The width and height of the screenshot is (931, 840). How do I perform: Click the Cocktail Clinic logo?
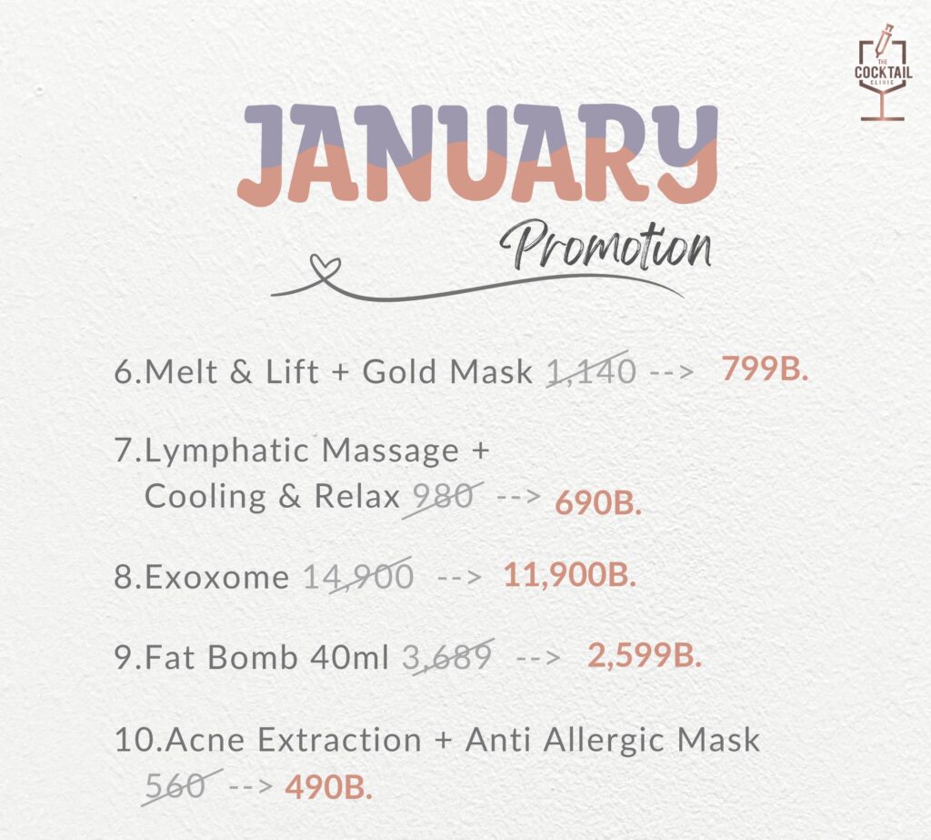[x=883, y=73]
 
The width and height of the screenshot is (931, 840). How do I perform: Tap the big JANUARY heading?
[x=478, y=154]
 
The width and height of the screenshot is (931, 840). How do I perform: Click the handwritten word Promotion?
[x=605, y=245]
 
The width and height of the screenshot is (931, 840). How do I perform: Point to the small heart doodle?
[x=326, y=268]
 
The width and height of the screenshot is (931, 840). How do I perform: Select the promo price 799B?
[x=765, y=369]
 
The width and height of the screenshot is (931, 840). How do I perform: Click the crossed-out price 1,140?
[x=591, y=371]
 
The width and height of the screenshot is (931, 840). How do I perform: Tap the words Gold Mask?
[x=447, y=372]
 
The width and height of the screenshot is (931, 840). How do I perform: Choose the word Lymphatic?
[x=226, y=451]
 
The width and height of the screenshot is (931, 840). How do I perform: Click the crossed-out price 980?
[x=443, y=497]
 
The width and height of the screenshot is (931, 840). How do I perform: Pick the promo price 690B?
[x=598, y=503]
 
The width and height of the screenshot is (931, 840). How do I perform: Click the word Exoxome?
[x=216, y=577]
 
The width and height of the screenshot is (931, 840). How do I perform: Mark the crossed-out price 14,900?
[x=358, y=576]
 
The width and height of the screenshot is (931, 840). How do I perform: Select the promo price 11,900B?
[x=570, y=575]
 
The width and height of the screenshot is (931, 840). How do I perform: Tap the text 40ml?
[x=349, y=657]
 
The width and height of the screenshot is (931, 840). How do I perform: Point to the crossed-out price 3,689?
[x=447, y=656]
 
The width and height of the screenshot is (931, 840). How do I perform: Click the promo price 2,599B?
[x=645, y=656]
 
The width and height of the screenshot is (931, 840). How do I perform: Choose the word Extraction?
[x=340, y=740]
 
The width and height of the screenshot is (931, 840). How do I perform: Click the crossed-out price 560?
[x=178, y=786]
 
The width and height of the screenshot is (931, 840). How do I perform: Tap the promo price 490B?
[x=329, y=788]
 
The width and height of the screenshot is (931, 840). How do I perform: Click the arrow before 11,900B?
[x=459, y=577]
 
